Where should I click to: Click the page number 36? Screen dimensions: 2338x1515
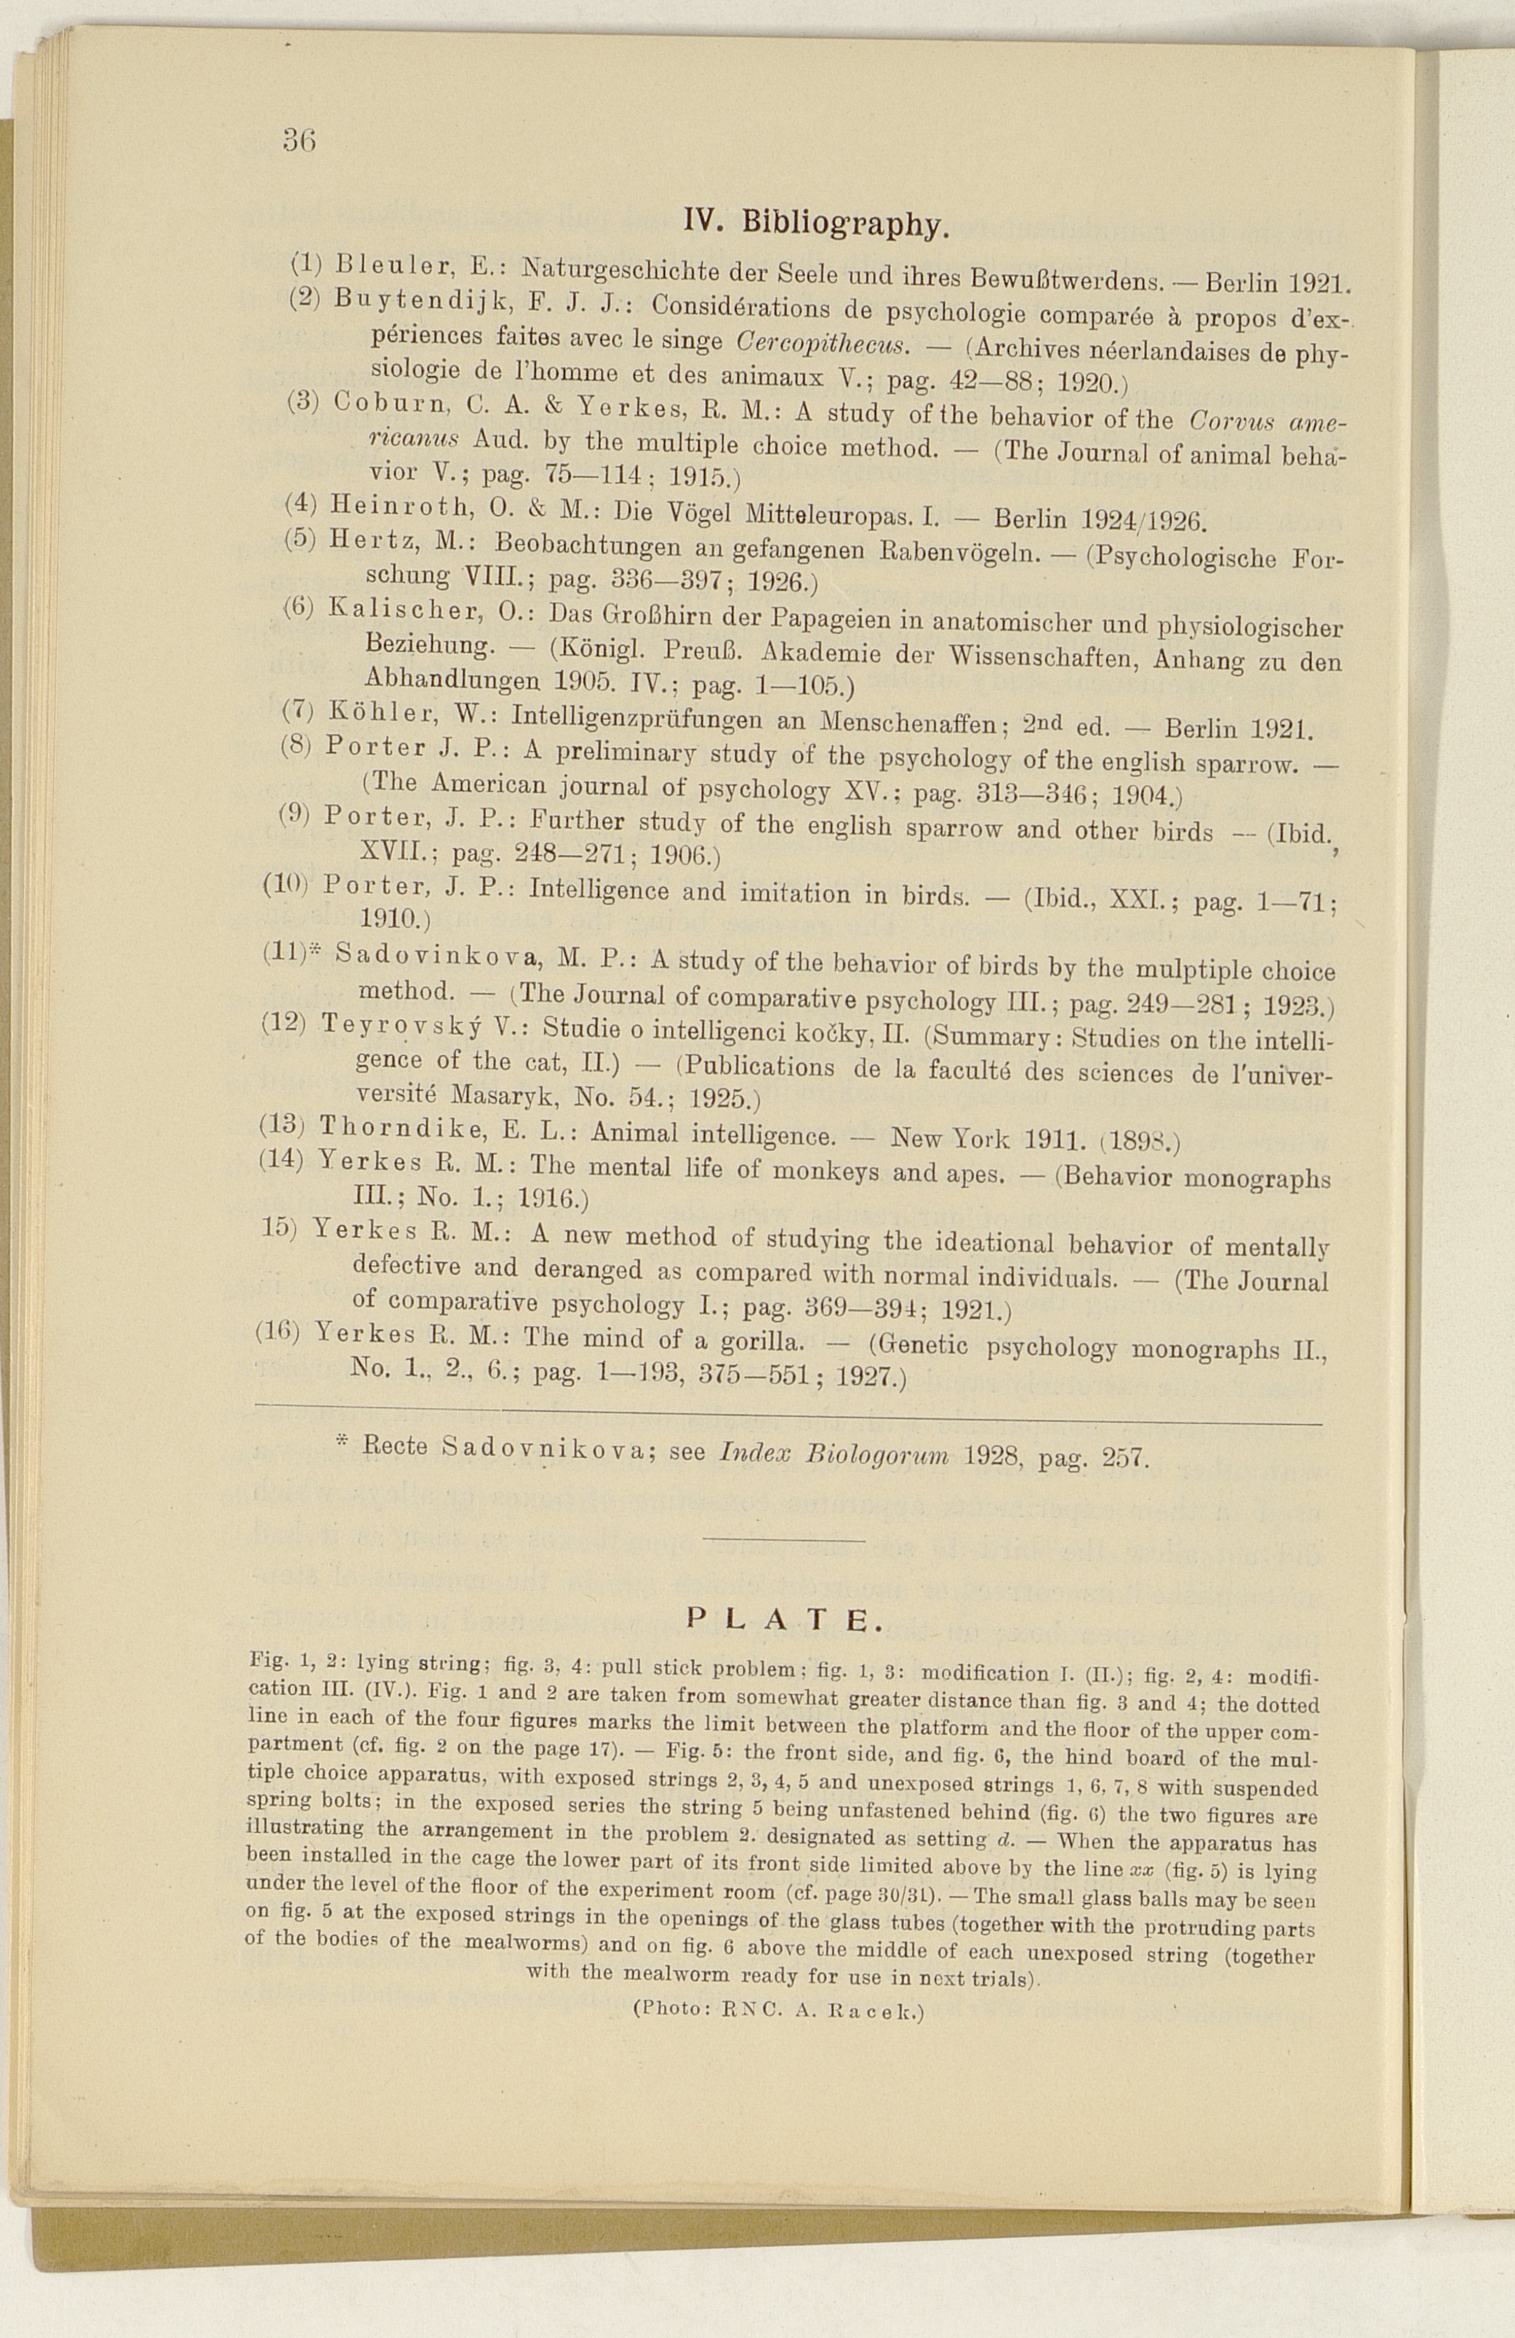pos(298,140)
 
